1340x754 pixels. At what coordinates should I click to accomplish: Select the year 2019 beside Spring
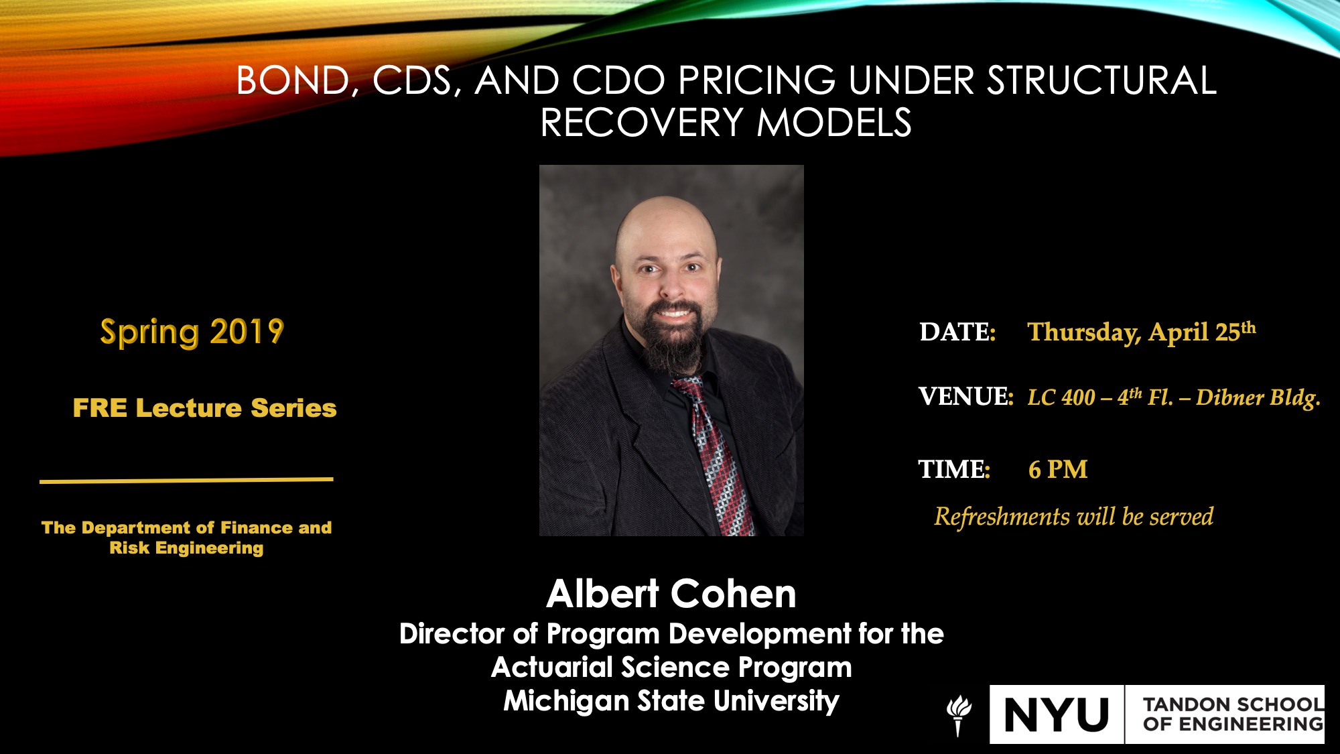point(247,332)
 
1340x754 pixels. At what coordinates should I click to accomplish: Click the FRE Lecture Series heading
point(204,407)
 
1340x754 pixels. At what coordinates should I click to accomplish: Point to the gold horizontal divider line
point(186,480)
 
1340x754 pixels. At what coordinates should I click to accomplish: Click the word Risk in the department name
point(129,548)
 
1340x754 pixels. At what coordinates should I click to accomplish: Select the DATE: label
point(957,332)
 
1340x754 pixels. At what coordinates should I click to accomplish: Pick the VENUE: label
point(965,396)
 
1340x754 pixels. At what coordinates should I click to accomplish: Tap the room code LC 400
point(1061,397)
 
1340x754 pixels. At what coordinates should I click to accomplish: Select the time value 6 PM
point(1058,470)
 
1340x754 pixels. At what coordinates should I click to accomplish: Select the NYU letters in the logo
point(1057,714)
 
